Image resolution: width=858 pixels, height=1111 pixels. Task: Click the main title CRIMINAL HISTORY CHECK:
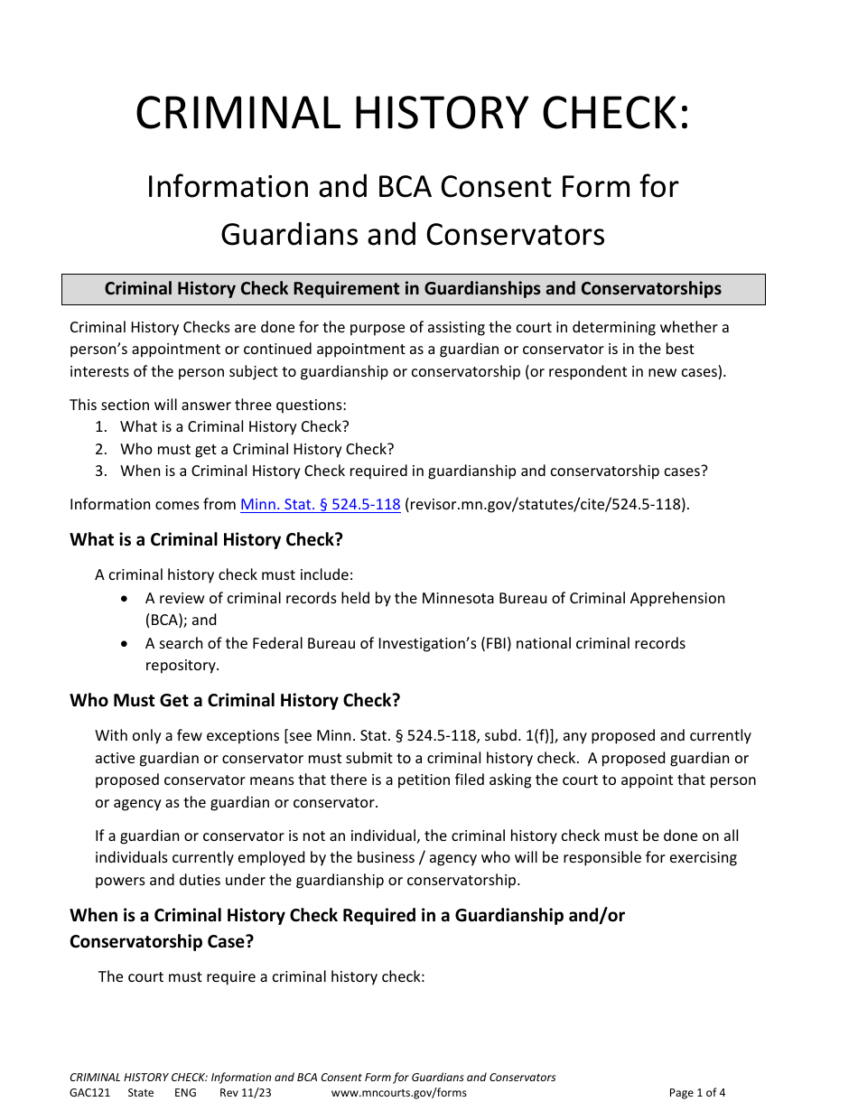[x=412, y=114]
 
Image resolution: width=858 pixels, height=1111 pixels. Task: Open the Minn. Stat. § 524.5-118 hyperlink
[x=320, y=505]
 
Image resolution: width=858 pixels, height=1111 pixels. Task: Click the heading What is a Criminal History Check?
[x=206, y=540]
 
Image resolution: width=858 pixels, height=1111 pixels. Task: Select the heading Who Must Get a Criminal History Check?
[x=235, y=701]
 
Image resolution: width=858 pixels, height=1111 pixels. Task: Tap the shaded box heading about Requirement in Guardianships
[x=413, y=289]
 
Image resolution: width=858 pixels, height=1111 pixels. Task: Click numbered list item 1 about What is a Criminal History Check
[x=234, y=426]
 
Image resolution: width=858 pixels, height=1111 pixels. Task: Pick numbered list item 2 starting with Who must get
[x=256, y=449]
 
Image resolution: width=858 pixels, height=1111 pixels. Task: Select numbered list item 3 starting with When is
[x=414, y=471]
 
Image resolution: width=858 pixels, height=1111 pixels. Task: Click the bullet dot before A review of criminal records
[x=125, y=599]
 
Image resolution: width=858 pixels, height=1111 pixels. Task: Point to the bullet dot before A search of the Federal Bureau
[x=125, y=644]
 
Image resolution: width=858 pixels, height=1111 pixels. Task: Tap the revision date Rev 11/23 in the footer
[x=245, y=1093]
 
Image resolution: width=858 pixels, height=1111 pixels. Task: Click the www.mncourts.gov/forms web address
[x=399, y=1093]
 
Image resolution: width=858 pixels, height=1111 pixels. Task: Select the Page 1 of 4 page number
[x=696, y=1093]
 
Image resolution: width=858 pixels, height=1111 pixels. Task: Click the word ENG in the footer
[x=185, y=1093]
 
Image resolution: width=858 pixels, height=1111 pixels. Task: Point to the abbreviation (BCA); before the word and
[x=166, y=621]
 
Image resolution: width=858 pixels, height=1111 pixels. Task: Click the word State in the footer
[x=141, y=1093]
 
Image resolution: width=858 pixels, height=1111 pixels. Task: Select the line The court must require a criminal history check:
[x=261, y=976]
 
